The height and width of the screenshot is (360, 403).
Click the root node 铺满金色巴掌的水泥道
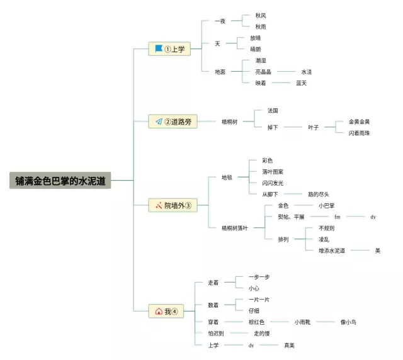point(60,181)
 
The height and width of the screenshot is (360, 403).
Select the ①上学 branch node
point(169,49)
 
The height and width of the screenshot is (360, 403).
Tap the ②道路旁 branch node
point(173,121)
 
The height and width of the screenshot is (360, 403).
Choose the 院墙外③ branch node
point(173,205)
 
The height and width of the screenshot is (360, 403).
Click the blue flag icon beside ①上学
point(159,48)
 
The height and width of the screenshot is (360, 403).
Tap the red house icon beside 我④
point(159,311)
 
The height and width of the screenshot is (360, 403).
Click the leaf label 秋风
point(261,15)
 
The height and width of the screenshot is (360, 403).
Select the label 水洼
point(306,72)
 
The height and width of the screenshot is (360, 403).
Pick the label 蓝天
point(301,83)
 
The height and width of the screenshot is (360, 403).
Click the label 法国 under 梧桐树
point(273,111)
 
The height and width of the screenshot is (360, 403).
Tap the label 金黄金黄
point(360,121)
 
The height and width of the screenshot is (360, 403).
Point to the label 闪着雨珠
point(360,133)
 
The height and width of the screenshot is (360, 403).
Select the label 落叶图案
point(273,172)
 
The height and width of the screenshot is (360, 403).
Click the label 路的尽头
point(318,194)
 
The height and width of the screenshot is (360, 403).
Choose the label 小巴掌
point(326,206)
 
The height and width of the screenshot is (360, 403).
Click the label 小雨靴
point(305,322)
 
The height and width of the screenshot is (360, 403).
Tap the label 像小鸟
point(348,322)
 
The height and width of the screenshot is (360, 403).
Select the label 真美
point(289,345)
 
